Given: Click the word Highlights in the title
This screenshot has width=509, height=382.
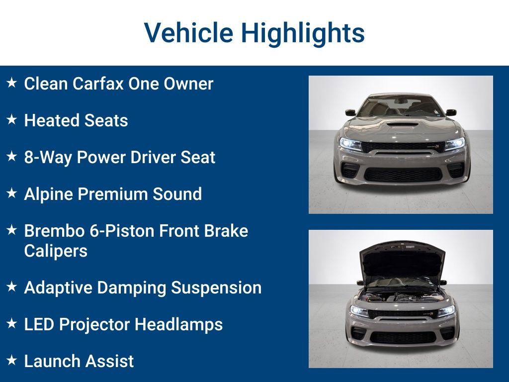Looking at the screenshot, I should pyautogui.click(x=303, y=33).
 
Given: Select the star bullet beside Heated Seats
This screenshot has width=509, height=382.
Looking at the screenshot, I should pyautogui.click(x=12, y=120).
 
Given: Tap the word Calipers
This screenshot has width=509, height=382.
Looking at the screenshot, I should pyautogui.click(x=56, y=251).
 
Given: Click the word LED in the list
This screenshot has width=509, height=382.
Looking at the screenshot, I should pyautogui.click(x=39, y=324).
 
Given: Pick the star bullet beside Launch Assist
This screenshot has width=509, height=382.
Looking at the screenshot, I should pyautogui.click(x=12, y=360).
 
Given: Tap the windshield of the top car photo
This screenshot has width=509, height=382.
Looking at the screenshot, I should pyautogui.click(x=400, y=106).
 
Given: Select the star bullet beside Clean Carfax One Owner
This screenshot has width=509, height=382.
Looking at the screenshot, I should pyautogui.click(x=12, y=83).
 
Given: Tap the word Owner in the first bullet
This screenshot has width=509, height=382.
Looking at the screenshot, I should pyautogui.click(x=189, y=84).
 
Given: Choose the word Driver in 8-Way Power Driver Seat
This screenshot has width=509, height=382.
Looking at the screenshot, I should pyautogui.click(x=160, y=157).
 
